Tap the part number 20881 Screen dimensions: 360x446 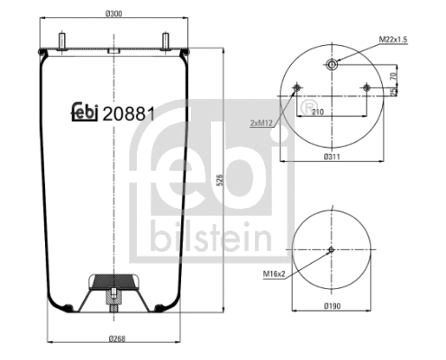point(132,114)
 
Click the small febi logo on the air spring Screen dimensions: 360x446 point(85,113)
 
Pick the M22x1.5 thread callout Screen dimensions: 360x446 point(392,40)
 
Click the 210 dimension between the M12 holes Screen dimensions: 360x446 point(318,113)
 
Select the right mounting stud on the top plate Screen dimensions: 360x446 point(167,41)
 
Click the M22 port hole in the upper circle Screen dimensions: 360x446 point(332,64)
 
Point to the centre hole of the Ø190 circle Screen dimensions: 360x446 point(332,249)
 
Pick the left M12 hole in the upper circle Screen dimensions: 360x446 point(297,87)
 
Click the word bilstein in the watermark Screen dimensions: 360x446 point(213,237)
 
